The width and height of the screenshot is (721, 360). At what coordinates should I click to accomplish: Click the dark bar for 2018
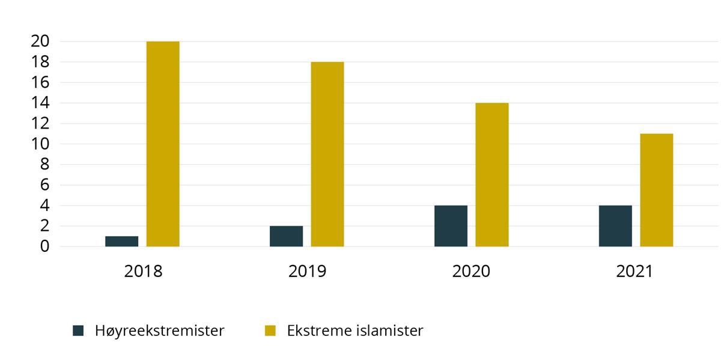pyautogui.click(x=121, y=241)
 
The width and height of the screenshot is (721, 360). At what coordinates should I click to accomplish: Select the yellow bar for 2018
pyautogui.click(x=163, y=144)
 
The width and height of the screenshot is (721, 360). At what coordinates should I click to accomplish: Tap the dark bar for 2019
pyautogui.click(x=286, y=236)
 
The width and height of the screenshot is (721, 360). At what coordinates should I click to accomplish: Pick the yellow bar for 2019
pyautogui.click(x=327, y=154)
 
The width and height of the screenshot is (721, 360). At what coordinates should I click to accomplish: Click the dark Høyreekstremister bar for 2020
pyautogui.click(x=451, y=226)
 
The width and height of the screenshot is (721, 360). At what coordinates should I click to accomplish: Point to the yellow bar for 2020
pyautogui.click(x=492, y=175)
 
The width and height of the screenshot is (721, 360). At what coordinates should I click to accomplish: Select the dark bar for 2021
pyautogui.click(x=615, y=226)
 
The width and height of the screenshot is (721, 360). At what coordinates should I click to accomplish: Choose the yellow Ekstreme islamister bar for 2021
pyautogui.click(x=657, y=190)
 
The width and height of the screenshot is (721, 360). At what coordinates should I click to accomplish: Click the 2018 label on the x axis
pyautogui.click(x=143, y=271)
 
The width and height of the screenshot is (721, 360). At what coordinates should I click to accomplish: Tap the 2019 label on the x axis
pyautogui.click(x=307, y=271)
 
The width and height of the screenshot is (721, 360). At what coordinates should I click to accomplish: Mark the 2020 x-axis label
pyautogui.click(x=471, y=271)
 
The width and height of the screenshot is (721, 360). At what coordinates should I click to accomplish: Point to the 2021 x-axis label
pyautogui.click(x=634, y=271)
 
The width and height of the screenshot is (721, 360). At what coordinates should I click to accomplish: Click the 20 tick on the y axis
pyautogui.click(x=40, y=41)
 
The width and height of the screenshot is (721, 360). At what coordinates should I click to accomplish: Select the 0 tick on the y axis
pyautogui.click(x=44, y=246)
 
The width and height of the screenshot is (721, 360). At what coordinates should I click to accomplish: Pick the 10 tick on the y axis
pyautogui.click(x=40, y=144)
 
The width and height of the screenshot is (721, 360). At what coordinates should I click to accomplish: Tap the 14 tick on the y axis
pyautogui.click(x=40, y=103)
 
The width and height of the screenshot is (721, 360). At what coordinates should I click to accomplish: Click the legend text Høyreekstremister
pyautogui.click(x=159, y=331)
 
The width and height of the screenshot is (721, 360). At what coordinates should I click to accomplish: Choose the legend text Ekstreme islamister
pyautogui.click(x=355, y=331)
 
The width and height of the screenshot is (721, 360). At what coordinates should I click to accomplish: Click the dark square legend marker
pyautogui.click(x=78, y=331)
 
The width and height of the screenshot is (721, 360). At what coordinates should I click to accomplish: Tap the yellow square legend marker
pyautogui.click(x=270, y=331)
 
